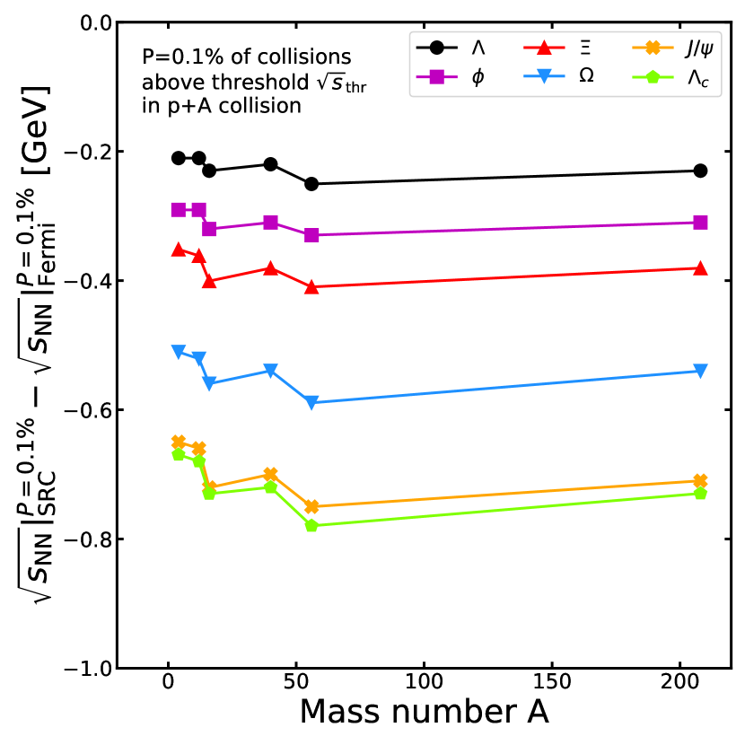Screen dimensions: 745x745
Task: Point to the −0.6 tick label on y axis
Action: [x=84, y=410]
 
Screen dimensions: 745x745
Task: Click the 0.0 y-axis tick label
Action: [x=92, y=22]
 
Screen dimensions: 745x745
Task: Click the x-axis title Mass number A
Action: [x=424, y=712]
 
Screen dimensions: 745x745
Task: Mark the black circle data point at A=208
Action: [x=700, y=171]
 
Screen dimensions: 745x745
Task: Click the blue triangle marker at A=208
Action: [x=700, y=371]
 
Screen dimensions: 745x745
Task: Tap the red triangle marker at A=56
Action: [x=311, y=287]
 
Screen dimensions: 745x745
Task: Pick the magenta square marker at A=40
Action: [x=270, y=223]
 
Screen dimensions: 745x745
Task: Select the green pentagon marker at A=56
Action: [x=311, y=526]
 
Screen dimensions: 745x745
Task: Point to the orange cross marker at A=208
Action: [x=700, y=481]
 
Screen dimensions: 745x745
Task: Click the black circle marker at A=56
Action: [x=311, y=184]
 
